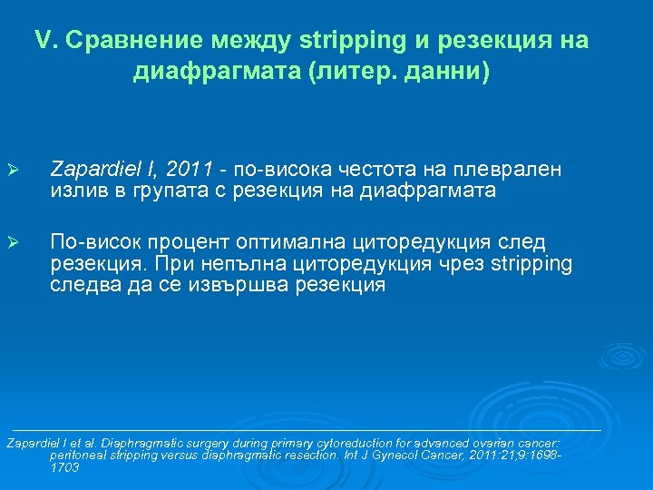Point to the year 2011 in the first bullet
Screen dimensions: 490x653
192,168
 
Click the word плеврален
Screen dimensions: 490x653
513,168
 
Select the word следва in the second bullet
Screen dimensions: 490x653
81,285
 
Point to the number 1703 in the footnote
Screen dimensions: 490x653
64,468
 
